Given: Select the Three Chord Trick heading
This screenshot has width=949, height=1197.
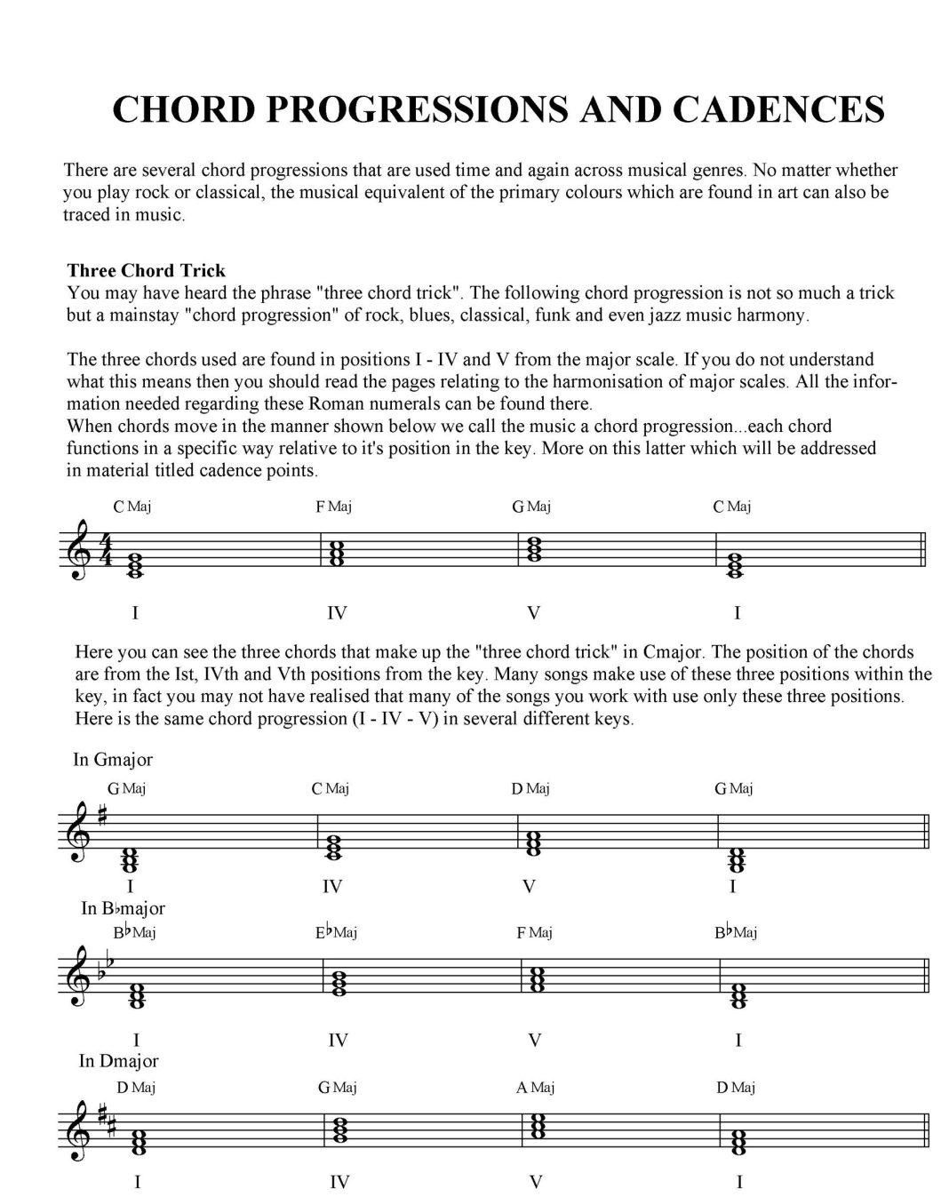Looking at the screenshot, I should (x=146, y=270).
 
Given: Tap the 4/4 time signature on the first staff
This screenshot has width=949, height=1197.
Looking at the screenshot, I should (x=105, y=550).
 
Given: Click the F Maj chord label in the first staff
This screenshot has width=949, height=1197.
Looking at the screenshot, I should (x=333, y=507).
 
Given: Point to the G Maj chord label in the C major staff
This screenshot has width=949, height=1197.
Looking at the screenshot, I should (x=530, y=507).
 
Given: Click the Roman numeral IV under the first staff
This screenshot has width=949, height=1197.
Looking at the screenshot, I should (x=336, y=612).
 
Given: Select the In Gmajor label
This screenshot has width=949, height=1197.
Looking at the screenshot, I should (x=113, y=759).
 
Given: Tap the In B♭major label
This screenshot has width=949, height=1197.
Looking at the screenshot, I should (x=123, y=908).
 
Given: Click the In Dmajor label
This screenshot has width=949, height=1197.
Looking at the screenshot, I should (x=118, y=1060).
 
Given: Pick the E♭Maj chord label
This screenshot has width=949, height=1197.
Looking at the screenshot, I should (x=335, y=932).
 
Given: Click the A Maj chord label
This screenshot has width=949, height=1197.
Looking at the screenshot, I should (x=535, y=1087).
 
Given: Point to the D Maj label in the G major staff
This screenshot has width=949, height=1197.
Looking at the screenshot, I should (x=530, y=788).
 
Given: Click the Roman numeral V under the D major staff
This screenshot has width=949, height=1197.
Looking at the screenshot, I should (x=535, y=1181).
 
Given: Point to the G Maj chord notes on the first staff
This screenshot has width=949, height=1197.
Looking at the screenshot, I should (x=534, y=549).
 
